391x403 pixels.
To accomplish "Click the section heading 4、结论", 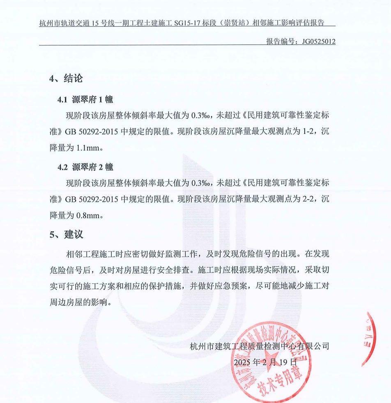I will (x=66, y=78).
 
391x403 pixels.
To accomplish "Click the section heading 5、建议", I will (x=66, y=235).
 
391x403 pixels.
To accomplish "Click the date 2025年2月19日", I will (x=265, y=362).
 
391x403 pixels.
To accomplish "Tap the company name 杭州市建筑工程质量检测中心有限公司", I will (x=260, y=346).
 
